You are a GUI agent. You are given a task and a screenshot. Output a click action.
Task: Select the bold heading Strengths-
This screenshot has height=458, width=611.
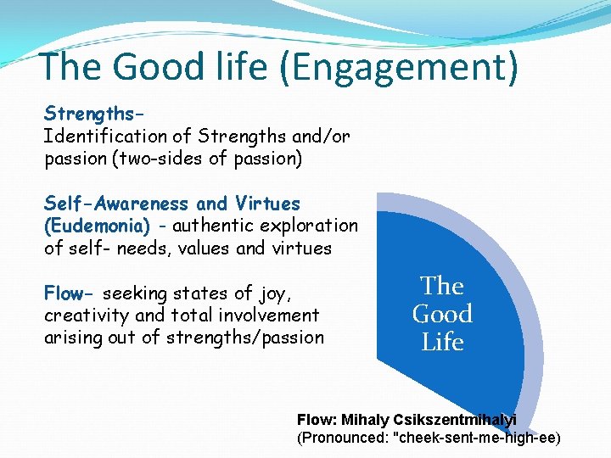[x=93, y=114]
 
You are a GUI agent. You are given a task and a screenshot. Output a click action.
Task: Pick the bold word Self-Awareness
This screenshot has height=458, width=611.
[x=116, y=204]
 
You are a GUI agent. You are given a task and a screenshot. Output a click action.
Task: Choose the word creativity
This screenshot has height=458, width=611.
[x=87, y=316]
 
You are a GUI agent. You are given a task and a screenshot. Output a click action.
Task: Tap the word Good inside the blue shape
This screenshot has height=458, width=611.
[x=442, y=314]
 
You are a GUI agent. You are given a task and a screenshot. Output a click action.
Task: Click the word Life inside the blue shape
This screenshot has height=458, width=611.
[x=442, y=343]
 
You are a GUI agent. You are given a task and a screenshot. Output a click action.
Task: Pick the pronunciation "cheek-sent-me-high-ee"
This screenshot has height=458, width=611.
[x=475, y=438]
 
